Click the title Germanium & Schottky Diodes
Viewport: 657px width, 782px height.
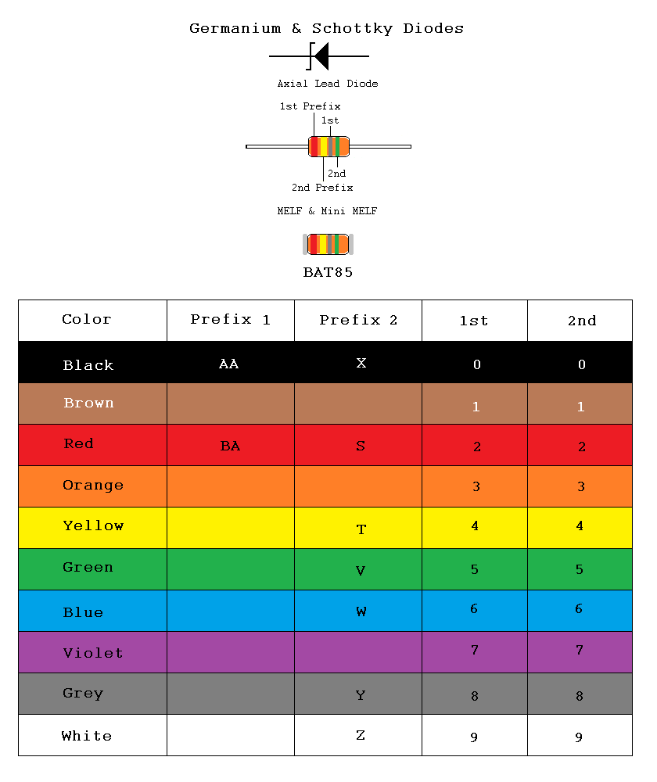(326, 29)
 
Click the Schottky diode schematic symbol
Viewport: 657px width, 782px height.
(319, 56)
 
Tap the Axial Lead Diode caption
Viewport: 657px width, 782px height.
(327, 84)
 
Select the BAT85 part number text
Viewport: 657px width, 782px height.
(328, 273)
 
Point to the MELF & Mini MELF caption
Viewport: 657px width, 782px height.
(327, 211)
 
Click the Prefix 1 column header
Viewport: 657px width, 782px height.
(230, 320)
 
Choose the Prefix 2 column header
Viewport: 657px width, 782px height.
(358, 320)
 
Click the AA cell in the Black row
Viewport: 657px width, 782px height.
(228, 364)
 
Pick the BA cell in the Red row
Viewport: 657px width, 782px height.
(230, 446)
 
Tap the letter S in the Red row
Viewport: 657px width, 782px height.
(361, 446)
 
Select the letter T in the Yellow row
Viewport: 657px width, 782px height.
(361, 529)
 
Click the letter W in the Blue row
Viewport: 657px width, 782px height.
(361, 612)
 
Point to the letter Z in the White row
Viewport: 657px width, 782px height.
(361, 735)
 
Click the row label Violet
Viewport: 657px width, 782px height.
(93, 653)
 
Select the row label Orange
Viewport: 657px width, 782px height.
(93, 486)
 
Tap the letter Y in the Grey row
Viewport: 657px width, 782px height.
(361, 695)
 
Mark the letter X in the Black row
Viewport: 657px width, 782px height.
(361, 363)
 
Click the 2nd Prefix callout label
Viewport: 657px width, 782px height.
(322, 188)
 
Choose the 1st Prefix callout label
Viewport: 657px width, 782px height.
(310, 106)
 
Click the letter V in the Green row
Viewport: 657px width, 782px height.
(361, 571)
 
